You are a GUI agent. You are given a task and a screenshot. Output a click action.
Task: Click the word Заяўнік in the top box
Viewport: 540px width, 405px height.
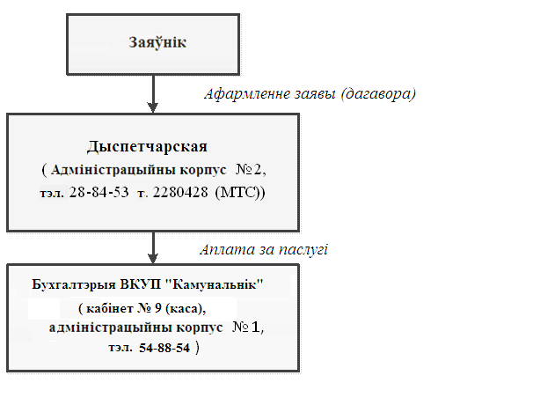point(157,42)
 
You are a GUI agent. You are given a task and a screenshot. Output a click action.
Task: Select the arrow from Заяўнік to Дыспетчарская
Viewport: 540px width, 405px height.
point(153,93)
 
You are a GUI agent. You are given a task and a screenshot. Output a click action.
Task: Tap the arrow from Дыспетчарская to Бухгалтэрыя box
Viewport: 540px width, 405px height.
point(153,247)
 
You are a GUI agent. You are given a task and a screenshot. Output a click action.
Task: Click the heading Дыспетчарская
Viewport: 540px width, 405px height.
point(147,147)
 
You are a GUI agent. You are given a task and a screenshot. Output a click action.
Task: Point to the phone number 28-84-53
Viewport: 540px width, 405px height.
point(99,192)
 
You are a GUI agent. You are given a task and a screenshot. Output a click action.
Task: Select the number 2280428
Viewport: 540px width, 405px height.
point(180,192)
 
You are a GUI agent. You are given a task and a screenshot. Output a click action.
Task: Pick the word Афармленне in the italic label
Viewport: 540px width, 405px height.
point(247,93)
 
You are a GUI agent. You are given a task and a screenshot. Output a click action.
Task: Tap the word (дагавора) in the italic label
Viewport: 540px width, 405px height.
point(378,93)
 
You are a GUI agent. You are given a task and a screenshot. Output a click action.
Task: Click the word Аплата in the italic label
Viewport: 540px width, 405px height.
point(227,249)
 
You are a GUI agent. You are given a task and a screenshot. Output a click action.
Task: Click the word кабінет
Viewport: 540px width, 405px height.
point(110,308)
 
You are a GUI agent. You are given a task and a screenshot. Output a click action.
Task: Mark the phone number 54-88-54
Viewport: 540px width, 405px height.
point(164,348)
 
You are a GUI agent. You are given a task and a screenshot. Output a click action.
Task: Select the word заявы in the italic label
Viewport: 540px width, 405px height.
point(315,94)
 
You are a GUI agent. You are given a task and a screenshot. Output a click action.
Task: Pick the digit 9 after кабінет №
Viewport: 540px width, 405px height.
point(158,308)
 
